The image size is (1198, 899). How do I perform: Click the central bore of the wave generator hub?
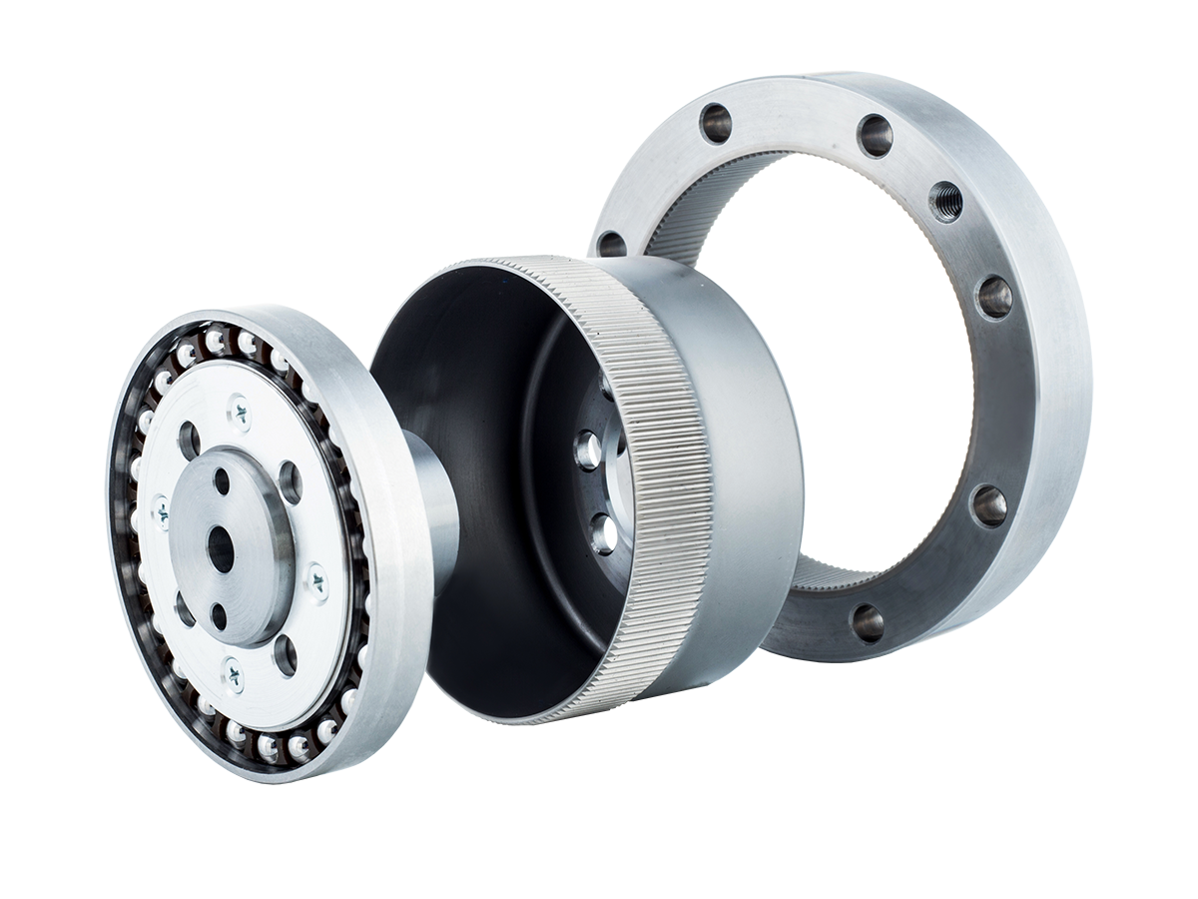click(x=221, y=548)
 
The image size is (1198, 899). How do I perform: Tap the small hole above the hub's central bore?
click(x=222, y=482)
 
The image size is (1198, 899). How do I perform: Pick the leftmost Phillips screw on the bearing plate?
click(x=160, y=510)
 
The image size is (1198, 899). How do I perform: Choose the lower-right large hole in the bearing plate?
click(x=286, y=655)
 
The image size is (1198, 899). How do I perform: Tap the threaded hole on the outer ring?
click(x=944, y=202)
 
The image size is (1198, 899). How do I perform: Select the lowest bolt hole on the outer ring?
click(x=867, y=622)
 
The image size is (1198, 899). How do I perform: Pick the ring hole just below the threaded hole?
click(x=993, y=297)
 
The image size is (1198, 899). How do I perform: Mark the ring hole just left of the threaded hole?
click(x=875, y=135)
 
